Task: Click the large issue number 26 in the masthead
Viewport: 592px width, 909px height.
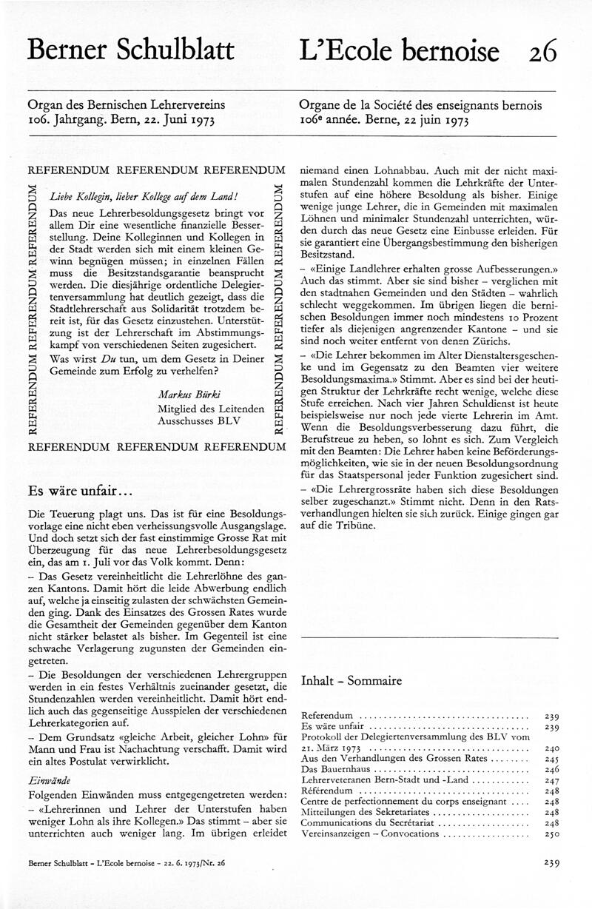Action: (543, 50)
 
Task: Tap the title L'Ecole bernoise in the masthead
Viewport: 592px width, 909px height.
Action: (400, 50)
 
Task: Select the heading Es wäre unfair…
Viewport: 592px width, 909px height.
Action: (80, 492)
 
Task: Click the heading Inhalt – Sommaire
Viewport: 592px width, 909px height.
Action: (351, 681)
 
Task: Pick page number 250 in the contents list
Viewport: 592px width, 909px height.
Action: (551, 833)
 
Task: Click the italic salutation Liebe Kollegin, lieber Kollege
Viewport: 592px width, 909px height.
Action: (143, 195)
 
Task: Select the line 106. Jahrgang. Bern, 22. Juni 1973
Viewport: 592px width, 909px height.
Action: (121, 120)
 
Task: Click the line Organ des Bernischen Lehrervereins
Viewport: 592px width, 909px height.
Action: (126, 106)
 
